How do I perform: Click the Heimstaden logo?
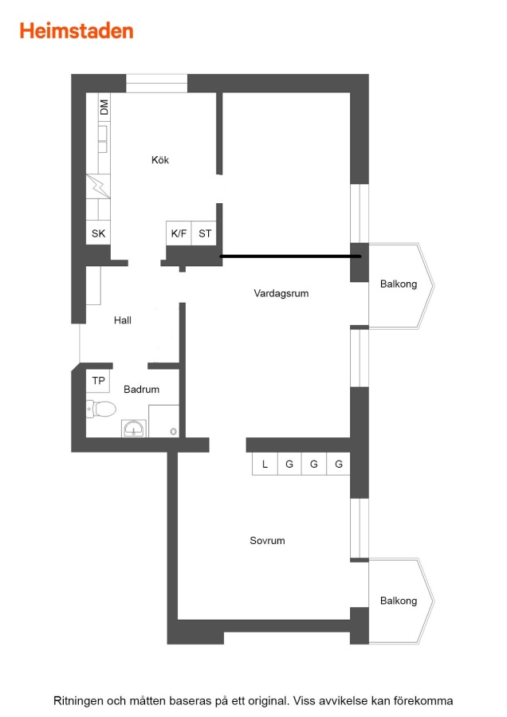(x=77, y=31)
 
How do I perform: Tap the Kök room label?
(x=160, y=160)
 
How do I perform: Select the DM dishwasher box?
(x=104, y=108)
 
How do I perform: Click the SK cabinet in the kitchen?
(x=98, y=233)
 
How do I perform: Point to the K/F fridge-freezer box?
(x=179, y=233)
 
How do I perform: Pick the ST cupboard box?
(x=204, y=233)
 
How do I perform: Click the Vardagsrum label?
(x=281, y=293)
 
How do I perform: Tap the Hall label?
(x=123, y=320)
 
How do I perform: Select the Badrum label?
(x=141, y=389)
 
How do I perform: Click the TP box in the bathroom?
(x=98, y=381)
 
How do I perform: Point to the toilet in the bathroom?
(x=101, y=409)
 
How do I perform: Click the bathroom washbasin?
(x=134, y=429)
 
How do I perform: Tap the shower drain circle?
(x=174, y=431)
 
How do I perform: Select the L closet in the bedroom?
(x=265, y=464)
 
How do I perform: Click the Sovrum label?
(x=267, y=540)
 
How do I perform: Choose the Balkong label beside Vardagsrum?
(x=399, y=284)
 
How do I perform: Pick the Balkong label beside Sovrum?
(x=399, y=601)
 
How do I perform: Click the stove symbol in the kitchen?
(x=98, y=186)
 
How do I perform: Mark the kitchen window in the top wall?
(x=156, y=83)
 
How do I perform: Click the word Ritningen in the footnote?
(x=78, y=700)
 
